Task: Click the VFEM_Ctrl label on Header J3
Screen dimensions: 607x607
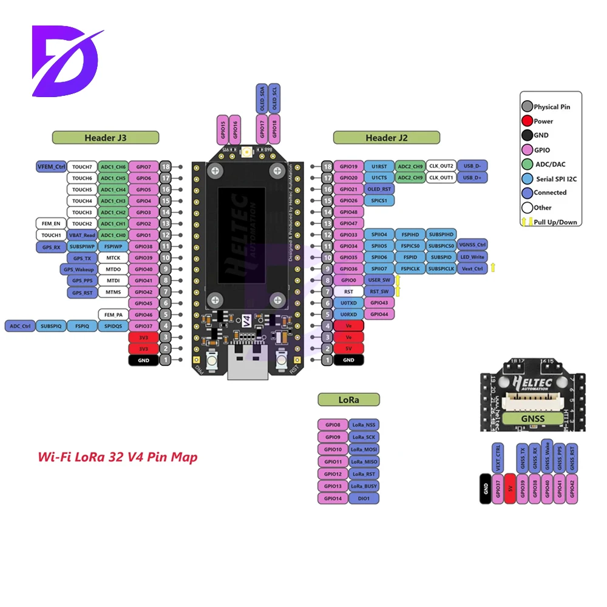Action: tap(51, 166)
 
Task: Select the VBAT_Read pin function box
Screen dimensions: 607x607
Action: tap(82, 235)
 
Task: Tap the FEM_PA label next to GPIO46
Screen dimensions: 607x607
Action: tap(113, 315)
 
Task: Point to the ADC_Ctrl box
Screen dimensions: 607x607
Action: tap(19, 326)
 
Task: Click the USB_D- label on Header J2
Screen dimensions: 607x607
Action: tap(472, 166)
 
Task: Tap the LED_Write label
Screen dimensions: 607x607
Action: tap(472, 257)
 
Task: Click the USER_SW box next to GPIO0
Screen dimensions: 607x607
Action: tap(379, 280)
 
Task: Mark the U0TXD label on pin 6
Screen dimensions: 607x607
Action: tap(348, 303)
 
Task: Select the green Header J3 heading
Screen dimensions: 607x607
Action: tap(106, 138)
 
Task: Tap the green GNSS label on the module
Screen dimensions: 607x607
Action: tap(532, 418)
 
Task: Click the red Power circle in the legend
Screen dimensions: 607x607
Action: tap(527, 121)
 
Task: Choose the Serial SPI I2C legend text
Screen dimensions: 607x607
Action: tap(556, 178)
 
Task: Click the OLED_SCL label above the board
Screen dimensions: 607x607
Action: tap(274, 98)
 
